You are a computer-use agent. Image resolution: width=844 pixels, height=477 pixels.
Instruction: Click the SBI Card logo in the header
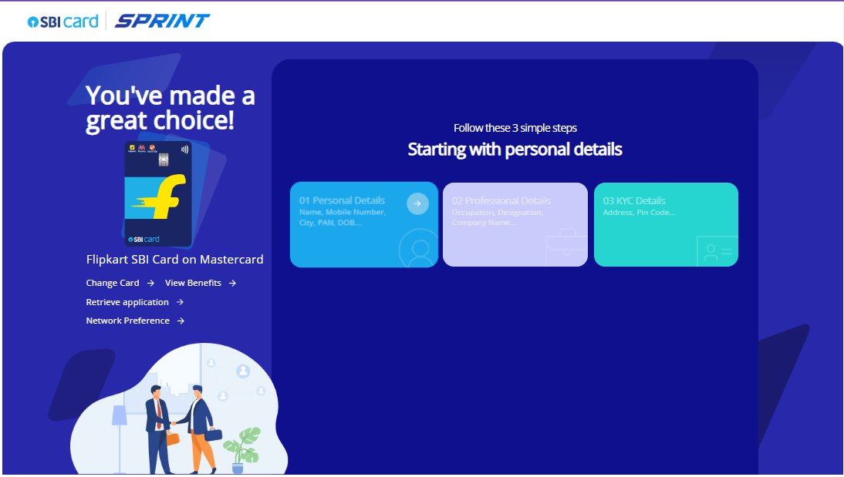coord(63,22)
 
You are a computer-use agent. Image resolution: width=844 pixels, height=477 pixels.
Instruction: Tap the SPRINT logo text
coord(162,21)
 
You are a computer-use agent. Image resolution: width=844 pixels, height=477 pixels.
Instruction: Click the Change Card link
coord(113,283)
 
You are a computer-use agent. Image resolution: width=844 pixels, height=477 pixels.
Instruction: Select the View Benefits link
coord(193,283)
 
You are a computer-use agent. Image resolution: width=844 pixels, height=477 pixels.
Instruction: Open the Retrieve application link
coord(127,302)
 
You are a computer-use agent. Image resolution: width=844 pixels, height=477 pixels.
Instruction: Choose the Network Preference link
coord(127,321)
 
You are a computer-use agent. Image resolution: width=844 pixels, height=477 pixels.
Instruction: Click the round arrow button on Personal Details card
coord(417,203)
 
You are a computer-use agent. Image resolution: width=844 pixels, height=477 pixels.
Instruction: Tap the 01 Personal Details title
coord(342,200)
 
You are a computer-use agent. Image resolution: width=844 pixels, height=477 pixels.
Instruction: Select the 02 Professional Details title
coord(501,200)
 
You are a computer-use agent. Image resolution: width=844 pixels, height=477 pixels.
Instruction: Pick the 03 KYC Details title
coord(634,200)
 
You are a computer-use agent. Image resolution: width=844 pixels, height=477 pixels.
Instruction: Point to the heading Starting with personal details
coord(515,149)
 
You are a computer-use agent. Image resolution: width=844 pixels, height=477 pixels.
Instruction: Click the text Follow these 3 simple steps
coord(515,128)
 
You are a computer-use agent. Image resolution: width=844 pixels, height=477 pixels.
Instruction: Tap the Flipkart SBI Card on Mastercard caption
coord(174,260)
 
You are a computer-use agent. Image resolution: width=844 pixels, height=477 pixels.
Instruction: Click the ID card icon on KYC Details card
coord(717,250)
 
